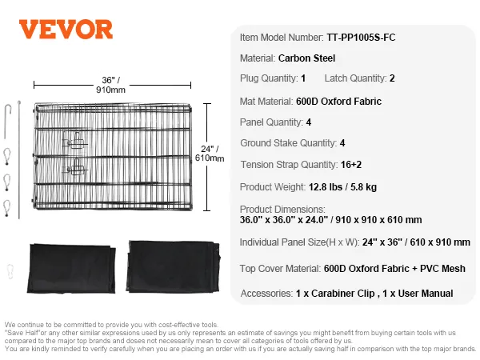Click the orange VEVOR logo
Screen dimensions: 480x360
[66, 30]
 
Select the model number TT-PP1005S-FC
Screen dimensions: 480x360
[361, 38]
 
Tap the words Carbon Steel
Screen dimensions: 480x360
[306, 58]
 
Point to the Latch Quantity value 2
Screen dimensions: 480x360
[392, 78]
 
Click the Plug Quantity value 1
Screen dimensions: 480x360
[303, 78]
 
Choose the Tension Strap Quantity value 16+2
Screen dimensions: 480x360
[351, 165]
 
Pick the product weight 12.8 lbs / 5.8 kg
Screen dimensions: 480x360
[342, 186]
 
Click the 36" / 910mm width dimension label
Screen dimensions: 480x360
[111, 85]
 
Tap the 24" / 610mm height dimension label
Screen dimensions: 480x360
[210, 154]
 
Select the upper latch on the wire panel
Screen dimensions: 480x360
[74, 141]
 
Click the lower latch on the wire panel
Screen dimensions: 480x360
[74, 167]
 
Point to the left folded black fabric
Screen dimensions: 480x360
[71, 269]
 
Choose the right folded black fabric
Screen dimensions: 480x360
[173, 266]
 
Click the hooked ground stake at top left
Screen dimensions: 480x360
[7, 122]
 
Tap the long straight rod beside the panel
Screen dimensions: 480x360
[19, 159]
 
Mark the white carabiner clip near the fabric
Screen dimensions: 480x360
[10, 271]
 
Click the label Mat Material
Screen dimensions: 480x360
[266, 102]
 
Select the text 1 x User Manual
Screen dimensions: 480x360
[418, 294]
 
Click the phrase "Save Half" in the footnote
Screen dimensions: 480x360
[22, 333]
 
